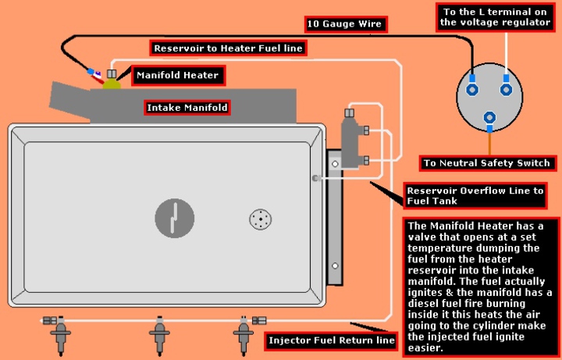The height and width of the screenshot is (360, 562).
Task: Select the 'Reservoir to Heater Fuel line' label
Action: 227,48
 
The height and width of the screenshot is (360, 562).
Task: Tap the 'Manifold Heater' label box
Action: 178,76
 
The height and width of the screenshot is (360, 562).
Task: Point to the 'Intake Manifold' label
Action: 187,106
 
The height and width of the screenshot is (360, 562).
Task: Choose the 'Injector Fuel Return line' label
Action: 332,340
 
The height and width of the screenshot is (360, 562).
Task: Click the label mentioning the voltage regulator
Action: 496,16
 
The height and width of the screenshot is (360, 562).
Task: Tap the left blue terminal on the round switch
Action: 472,89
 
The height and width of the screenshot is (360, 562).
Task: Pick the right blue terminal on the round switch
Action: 506,89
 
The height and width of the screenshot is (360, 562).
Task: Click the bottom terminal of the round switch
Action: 489,119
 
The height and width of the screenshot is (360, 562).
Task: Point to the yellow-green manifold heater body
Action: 112,83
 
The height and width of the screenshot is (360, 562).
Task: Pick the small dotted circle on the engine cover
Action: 261,219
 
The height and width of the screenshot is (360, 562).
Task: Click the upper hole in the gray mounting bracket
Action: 334,164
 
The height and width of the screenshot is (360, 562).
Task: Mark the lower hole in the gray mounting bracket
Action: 334,266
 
